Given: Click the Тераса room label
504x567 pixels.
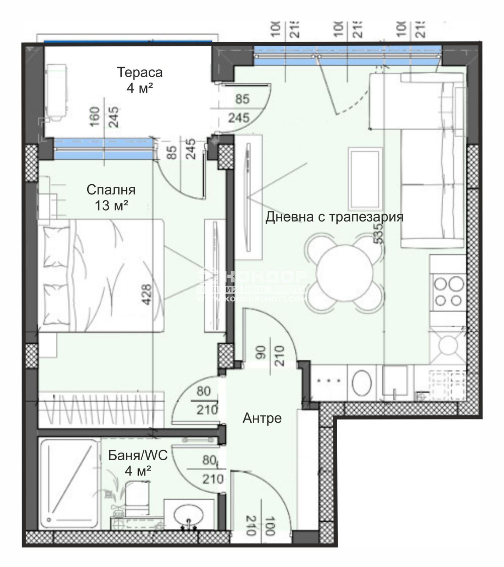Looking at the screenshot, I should pos(139,72).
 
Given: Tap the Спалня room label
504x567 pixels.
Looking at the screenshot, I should pos(111,190).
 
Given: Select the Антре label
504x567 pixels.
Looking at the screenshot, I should pos(262,418).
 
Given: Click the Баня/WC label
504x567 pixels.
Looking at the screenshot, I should pos(138,455).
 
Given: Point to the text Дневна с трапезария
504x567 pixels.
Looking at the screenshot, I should pos(334,217).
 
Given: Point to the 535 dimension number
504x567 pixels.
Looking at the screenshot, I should pos(378,235).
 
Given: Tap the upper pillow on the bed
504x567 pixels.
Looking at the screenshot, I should pos(56,247).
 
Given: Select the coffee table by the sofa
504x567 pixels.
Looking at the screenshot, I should pos(365,179).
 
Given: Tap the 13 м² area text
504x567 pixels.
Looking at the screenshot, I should pos(111,205).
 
